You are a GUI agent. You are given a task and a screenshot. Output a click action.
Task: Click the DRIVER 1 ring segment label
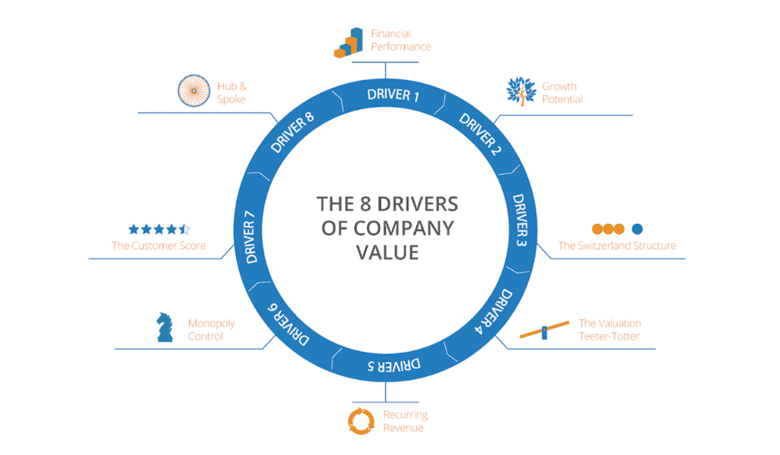(393, 95)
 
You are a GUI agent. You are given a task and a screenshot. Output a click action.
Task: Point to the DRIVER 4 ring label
(496, 310)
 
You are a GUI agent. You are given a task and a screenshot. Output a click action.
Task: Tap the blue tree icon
(521, 92)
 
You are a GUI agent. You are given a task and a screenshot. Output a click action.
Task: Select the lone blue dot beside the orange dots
(637, 229)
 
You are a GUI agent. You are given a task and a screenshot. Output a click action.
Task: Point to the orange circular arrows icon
(361, 420)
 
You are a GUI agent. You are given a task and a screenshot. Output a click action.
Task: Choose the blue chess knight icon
(165, 327)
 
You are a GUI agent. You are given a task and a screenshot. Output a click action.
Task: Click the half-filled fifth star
(185, 230)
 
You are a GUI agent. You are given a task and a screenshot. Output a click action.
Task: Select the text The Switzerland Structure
(617, 246)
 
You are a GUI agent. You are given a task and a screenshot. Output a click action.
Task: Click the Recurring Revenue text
(405, 421)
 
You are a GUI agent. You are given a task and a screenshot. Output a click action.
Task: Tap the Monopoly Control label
(211, 330)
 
